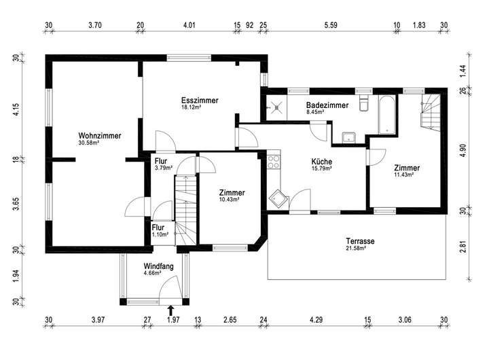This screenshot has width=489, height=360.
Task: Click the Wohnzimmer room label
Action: tap(99, 136)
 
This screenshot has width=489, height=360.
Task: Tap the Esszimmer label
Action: tap(200, 101)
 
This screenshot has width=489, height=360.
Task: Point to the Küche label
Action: tap(321, 162)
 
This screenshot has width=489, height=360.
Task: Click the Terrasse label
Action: tap(360, 241)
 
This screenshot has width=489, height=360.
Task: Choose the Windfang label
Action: tap(158, 266)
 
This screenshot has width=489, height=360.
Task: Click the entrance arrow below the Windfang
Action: tap(170, 310)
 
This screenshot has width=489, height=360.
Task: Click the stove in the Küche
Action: tap(274, 162)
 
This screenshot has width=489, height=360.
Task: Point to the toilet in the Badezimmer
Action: tap(362, 103)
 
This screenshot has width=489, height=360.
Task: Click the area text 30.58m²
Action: tap(89, 143)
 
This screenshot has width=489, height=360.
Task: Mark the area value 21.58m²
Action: tap(356, 249)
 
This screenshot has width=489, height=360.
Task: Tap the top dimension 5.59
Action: tap(331, 25)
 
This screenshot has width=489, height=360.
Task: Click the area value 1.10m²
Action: tap(160, 234)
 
